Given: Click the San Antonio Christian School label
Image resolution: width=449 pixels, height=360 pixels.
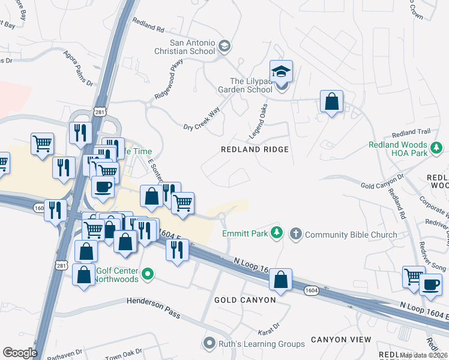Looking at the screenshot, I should pyautogui.click(x=192, y=47).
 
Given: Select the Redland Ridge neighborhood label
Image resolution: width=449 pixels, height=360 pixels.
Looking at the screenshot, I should pyautogui.click(x=255, y=149).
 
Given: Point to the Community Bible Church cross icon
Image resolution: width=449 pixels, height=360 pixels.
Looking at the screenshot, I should pyautogui.click(x=295, y=234).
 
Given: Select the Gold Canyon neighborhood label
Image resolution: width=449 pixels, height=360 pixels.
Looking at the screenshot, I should pyautogui.click(x=245, y=299).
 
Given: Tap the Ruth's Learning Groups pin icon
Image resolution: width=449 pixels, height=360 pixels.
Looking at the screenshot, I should pyautogui.click(x=209, y=344).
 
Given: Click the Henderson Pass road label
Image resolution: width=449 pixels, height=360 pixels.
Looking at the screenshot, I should pyautogui.click(x=154, y=304).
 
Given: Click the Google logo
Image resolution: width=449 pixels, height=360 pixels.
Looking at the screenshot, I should pyautogui.click(x=20, y=353).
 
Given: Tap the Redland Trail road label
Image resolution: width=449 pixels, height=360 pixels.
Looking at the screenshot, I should pyautogui.click(x=411, y=132).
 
